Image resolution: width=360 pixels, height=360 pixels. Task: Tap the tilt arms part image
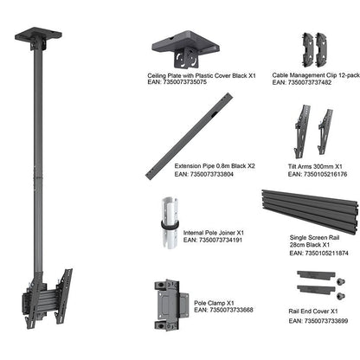point(313,130)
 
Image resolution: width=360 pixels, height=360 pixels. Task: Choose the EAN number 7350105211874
point(319,254)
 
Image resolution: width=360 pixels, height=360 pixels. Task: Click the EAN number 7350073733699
point(319,320)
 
